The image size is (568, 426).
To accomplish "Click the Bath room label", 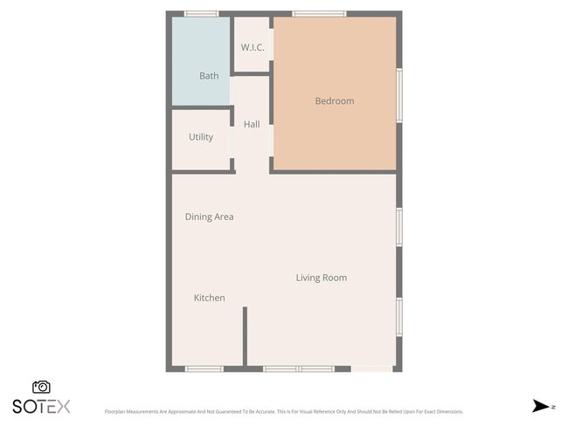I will coord(209,76).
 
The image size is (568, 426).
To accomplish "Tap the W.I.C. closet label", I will coord(253,47).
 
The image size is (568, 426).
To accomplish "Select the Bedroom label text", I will coord(335,101).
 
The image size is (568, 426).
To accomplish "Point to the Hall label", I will coord(252,125).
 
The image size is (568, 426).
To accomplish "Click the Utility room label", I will coord(201,137).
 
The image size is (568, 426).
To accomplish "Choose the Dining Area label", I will coord(209,216).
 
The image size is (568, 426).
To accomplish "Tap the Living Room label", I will coord(321,278).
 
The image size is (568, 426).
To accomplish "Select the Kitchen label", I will coord(209,298).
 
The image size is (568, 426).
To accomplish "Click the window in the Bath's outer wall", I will coord(201,14).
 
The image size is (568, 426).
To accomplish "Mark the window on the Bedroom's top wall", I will coord(319,14).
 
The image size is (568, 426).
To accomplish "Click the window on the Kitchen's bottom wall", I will coord(205,368).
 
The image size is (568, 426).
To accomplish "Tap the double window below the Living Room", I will coord(299,368).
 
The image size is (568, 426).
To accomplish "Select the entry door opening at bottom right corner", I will coord(372,368).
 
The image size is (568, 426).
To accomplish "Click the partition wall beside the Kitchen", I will coord(245,336).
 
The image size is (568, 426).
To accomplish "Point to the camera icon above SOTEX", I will coord(41,387).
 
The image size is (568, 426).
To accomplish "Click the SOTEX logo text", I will coord(41,406).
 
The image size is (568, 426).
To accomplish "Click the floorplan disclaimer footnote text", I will coord(284,411).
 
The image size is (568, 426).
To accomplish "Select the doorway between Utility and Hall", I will coord(232,141).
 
